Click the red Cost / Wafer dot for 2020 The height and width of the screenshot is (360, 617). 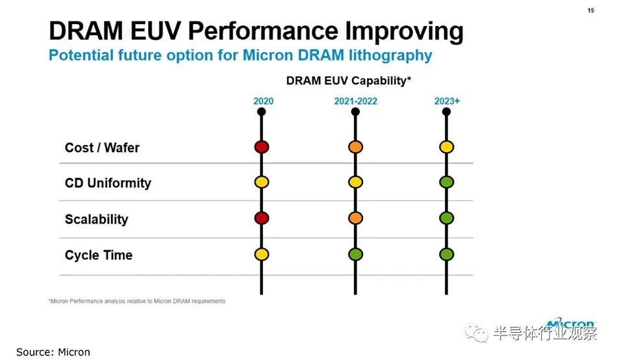coord(262,147)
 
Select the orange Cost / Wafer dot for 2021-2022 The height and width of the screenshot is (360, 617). coord(355,147)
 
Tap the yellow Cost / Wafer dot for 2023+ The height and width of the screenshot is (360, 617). coord(447,147)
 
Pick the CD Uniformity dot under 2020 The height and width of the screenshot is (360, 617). coord(262,182)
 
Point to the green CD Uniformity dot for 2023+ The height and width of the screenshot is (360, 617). coord(447,182)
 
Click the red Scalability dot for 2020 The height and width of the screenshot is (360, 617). coord(262,218)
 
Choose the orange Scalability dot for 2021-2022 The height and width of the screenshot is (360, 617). coord(355,218)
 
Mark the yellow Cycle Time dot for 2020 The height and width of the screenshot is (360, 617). coord(262,254)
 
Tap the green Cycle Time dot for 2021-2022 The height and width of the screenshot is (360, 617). coord(355,254)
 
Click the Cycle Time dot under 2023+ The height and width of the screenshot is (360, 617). coord(447,254)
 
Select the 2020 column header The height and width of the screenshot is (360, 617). coord(263,101)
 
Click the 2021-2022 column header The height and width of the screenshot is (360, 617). coord(356,101)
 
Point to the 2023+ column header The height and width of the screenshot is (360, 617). coord(447,101)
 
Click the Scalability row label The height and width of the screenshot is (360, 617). coord(96,220)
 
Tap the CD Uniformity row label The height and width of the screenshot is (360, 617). coord(108,183)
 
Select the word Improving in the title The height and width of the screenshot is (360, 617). coord(404,31)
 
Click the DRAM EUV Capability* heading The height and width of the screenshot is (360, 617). coord(349,81)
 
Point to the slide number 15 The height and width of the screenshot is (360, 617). coord(590,10)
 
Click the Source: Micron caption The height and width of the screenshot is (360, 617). coord(53,352)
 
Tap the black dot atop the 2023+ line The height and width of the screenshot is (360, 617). coord(446,112)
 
